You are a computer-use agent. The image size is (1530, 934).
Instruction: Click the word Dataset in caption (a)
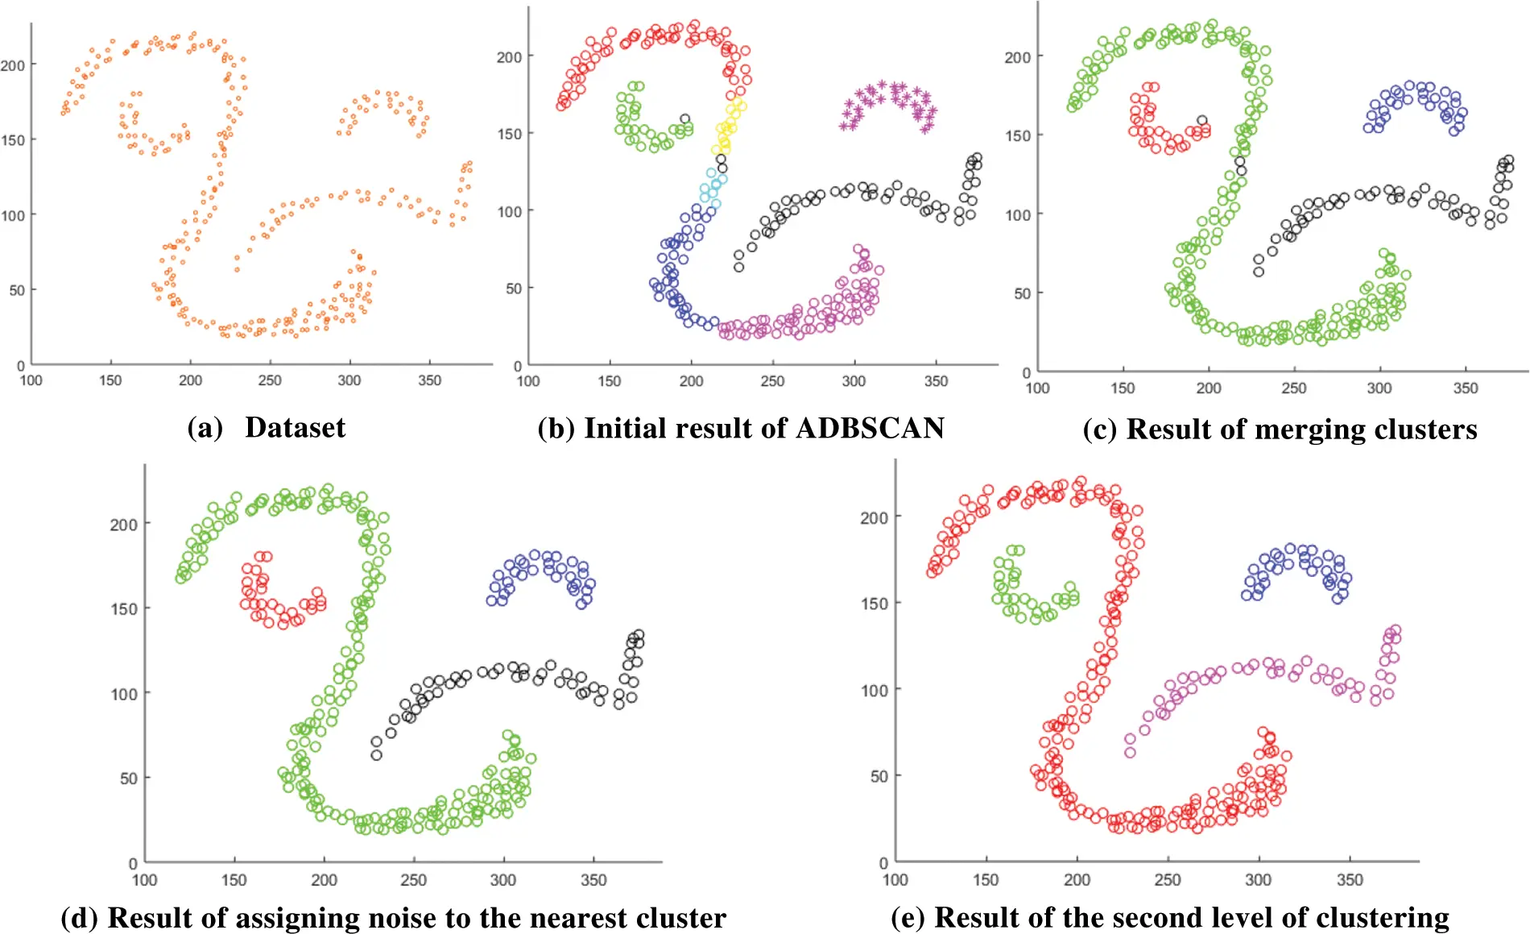click(295, 427)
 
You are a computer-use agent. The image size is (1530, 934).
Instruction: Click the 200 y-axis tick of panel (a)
click(13, 65)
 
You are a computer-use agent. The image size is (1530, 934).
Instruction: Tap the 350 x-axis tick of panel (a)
click(429, 380)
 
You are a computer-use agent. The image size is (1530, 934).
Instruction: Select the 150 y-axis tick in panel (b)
click(509, 134)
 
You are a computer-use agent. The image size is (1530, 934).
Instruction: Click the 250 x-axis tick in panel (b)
click(772, 381)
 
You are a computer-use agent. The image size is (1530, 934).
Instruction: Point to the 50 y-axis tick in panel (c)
click(1022, 293)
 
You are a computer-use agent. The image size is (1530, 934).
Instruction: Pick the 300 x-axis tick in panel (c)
click(1379, 388)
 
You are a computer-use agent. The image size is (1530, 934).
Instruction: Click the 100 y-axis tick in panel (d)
click(124, 694)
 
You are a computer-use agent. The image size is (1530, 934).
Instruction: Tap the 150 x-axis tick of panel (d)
click(234, 880)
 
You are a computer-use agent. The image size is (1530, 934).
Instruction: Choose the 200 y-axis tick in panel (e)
click(875, 517)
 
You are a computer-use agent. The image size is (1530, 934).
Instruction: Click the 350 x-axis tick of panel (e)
click(1350, 880)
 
